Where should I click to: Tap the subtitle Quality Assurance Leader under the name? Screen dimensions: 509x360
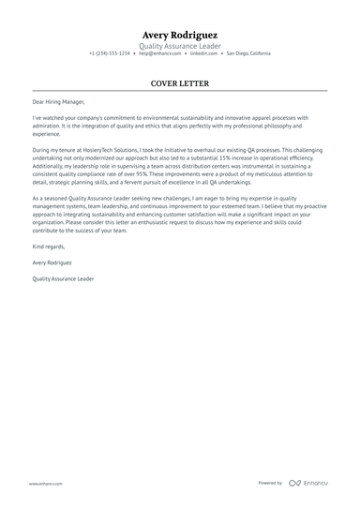click(180, 45)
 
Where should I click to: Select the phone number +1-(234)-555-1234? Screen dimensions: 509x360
click(110, 53)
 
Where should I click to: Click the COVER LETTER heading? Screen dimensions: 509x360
click(180, 82)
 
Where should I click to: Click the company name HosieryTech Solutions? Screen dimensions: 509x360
click(102, 150)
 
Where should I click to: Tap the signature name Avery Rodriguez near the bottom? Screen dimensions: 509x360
click(52, 263)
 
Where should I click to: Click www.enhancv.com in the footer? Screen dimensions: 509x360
click(46, 483)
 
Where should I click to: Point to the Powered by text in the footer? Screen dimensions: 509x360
click(270, 483)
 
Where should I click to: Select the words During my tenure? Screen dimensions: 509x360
click(55, 150)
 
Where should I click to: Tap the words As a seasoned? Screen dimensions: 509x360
click(52, 198)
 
